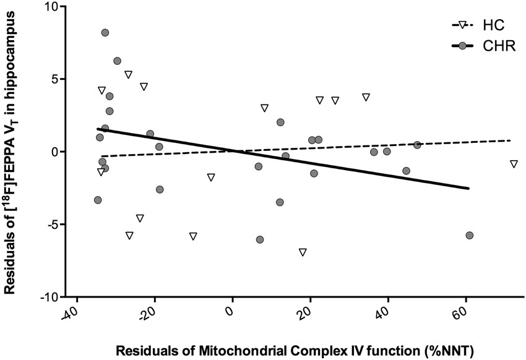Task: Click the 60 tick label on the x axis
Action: coord(459,314)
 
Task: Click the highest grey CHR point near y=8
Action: coord(105,33)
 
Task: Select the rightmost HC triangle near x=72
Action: coord(514,164)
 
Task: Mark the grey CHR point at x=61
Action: coord(470,236)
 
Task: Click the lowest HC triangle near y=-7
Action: coord(303,252)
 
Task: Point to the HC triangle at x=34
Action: coord(366,97)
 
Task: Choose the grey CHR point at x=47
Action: coord(417,145)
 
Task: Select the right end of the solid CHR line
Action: coord(468,189)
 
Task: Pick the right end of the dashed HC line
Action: coord(511,140)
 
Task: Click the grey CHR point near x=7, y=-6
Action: coord(260,239)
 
